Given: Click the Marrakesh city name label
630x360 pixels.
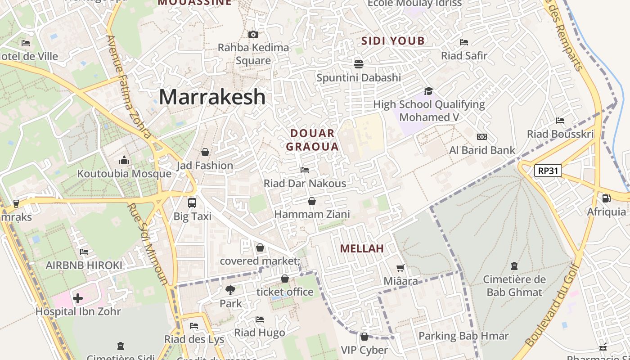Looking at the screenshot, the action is [212, 97].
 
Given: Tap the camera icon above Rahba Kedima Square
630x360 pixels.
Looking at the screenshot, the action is [253, 34].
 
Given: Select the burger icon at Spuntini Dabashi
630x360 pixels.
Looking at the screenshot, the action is [359, 64].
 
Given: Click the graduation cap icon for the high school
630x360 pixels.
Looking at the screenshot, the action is [428, 91].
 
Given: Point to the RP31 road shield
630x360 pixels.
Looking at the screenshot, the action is [548, 171].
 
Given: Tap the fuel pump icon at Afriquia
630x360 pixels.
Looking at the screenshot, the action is [606, 198].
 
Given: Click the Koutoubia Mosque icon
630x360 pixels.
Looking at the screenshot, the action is [124, 160].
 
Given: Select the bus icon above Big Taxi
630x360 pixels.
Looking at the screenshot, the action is [192, 202].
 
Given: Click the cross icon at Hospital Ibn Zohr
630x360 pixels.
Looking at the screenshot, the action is [78, 298].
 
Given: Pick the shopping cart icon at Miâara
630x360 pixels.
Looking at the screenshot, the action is [400, 268].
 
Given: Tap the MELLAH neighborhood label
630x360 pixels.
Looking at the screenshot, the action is [362, 248].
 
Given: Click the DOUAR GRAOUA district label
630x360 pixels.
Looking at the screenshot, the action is [312, 140].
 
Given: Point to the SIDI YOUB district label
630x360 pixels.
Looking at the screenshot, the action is [393, 41].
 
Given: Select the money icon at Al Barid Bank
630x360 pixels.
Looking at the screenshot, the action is [482, 137].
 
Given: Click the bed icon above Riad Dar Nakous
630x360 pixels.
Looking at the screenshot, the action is [305, 170].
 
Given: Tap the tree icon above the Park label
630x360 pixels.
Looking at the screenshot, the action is [230, 290].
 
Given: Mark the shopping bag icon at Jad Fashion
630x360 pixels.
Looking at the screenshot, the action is [205, 152].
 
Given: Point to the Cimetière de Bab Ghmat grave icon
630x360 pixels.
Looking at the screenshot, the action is [514, 266].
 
